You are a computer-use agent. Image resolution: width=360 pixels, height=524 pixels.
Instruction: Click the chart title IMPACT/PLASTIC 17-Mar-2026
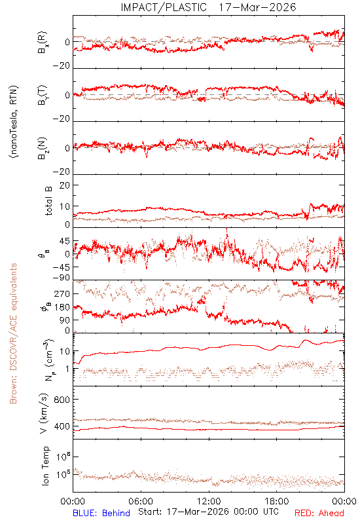208,7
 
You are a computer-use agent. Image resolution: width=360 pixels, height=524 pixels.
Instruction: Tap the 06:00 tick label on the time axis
141,501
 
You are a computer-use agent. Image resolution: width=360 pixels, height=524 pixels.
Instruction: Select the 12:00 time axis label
209,501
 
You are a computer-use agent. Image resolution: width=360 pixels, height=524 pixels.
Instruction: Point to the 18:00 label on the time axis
277,501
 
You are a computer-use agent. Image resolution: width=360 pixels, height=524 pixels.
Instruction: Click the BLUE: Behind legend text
101,513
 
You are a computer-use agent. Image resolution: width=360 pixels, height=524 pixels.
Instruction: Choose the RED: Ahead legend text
319,513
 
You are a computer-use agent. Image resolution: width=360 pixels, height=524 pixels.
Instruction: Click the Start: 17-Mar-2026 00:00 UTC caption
208,512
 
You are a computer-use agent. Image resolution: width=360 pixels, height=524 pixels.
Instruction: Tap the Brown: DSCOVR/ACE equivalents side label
13,333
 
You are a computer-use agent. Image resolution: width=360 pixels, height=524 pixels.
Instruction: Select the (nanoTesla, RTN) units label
14,122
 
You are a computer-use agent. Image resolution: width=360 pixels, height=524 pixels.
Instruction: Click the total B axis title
48,201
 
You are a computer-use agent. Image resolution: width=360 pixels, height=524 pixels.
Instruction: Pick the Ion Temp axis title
45,466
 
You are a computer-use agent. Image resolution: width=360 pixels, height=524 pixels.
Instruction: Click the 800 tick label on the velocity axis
62,400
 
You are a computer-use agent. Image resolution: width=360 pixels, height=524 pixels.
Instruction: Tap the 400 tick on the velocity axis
62,426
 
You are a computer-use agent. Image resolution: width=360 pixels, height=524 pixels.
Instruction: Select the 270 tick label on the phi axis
62,293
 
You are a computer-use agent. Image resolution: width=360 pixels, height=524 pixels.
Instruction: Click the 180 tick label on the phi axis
62,307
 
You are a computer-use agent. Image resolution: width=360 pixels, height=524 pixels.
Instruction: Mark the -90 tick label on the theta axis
61,278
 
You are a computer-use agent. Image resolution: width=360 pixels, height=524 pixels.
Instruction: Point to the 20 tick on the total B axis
65,185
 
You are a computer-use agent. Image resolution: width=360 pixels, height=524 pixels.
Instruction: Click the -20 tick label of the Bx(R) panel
61,65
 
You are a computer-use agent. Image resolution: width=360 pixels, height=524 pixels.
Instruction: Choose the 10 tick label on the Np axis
65,351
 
